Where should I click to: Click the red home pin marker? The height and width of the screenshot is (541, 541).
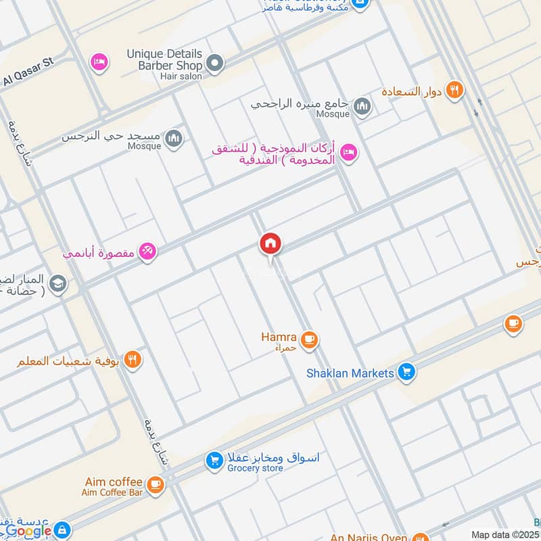point(270,244)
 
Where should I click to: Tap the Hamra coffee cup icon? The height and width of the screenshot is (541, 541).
point(310,339)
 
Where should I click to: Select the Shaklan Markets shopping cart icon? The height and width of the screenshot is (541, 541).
point(406,371)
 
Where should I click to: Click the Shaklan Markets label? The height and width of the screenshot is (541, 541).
point(350,373)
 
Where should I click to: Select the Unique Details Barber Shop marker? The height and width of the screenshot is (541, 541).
point(215,64)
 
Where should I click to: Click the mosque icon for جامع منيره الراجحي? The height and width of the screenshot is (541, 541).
point(363,105)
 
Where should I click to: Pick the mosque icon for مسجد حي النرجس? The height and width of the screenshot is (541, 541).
point(174,138)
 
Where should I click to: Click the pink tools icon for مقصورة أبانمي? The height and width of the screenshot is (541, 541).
point(147,252)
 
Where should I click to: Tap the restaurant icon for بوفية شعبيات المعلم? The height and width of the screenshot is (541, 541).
point(133,360)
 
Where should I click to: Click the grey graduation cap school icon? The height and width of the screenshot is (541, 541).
point(58,285)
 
